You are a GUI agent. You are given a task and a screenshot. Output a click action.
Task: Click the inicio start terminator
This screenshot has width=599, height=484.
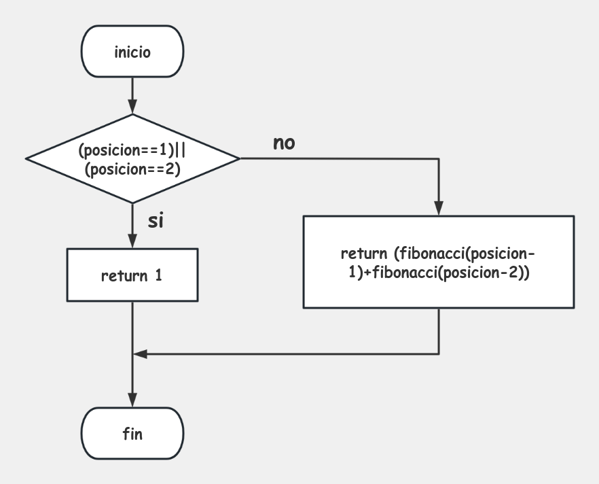(132, 52)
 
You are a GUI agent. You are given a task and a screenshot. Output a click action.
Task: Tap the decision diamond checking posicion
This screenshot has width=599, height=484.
(132, 158)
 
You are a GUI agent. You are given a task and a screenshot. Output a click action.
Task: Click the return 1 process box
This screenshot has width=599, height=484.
(132, 275)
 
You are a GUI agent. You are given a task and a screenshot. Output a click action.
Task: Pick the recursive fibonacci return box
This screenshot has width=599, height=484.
(439, 262)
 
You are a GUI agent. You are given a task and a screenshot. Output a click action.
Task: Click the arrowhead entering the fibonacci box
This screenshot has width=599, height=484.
(439, 209)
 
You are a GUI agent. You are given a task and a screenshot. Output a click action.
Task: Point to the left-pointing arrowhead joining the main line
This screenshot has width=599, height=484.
(139, 353)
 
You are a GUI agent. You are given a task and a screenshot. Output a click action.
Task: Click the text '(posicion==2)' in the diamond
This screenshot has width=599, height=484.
(133, 170)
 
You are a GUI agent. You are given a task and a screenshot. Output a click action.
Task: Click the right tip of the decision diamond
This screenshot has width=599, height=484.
(240, 158)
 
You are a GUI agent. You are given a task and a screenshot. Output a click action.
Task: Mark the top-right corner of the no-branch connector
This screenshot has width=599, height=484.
(439, 158)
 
